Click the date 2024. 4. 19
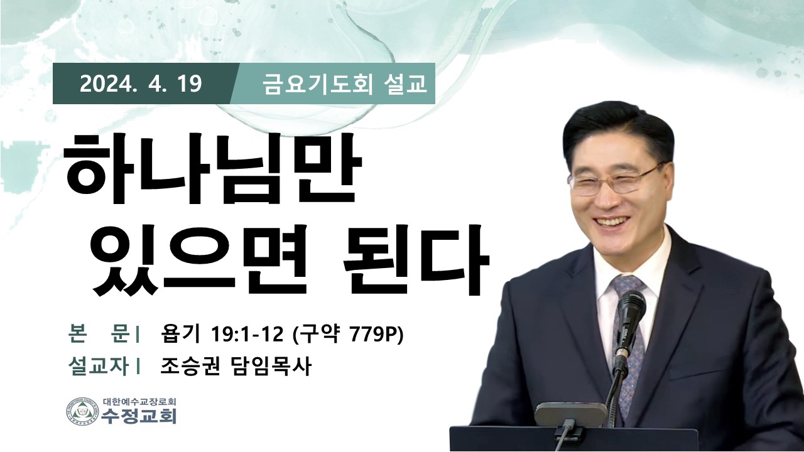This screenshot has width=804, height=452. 141,84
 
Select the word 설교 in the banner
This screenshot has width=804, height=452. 405,85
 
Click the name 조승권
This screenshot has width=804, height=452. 190,367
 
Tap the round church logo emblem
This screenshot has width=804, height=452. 82,411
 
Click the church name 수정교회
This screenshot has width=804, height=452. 139,416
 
